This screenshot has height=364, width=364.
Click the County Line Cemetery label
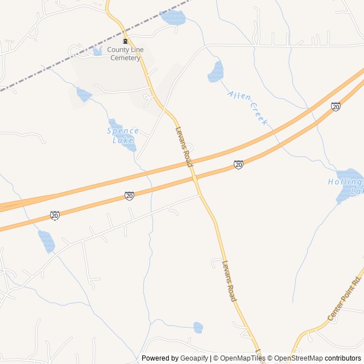[125, 53]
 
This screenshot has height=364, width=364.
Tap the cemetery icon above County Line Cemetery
[125, 42]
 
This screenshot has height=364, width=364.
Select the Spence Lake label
[122, 135]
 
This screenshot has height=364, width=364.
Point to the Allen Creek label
[247, 106]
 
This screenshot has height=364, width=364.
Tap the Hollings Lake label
[346, 187]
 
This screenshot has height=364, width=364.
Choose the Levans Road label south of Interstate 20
[229, 280]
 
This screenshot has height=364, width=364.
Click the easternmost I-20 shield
[336, 106]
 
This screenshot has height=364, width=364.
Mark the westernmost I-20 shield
[55, 215]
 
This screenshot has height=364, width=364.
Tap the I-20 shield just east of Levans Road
[238, 164]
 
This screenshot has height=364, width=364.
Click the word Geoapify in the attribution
[195, 358]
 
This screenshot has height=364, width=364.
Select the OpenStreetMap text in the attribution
[299, 358]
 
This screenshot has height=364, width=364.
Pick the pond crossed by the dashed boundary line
[173, 17]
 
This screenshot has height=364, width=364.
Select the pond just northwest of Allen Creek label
[217, 72]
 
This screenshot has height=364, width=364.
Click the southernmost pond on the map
[198, 327]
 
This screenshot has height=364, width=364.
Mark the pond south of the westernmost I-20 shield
[47, 241]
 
